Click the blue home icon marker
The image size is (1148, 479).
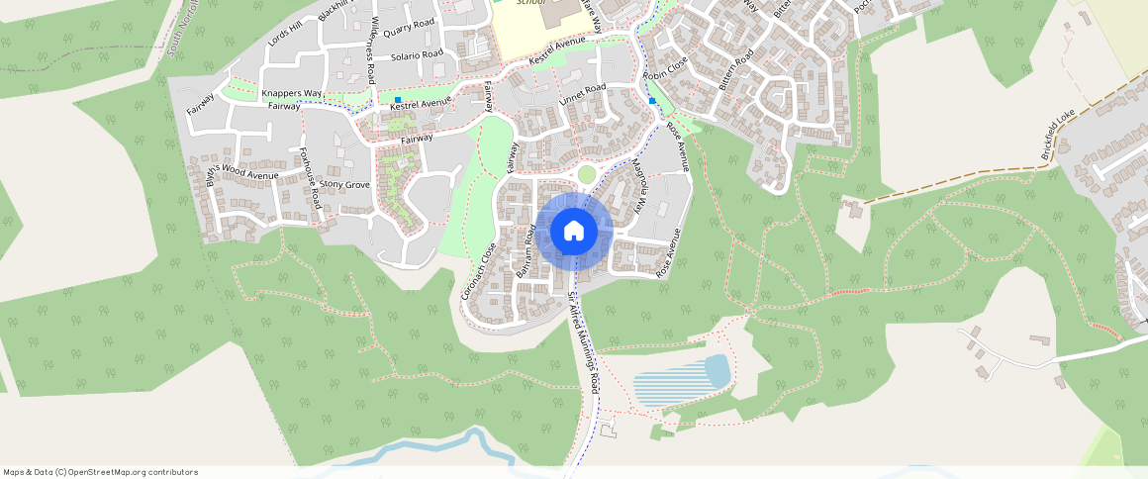(x=573, y=232)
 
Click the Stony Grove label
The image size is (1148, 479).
(x=345, y=185)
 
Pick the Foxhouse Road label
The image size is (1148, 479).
(x=310, y=177)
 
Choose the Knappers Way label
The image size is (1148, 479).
(x=292, y=93)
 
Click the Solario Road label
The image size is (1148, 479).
(x=417, y=55)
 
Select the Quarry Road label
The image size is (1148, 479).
(x=409, y=27)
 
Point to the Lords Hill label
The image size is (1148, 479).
(x=283, y=33)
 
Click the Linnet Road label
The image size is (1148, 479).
(x=582, y=95)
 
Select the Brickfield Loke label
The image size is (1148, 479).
(x=1058, y=135)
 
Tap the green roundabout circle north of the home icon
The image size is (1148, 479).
(x=587, y=174)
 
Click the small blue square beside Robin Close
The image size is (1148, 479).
(x=652, y=101)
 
